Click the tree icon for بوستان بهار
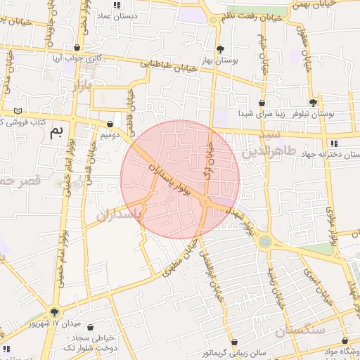(221, 49)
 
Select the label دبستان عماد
(113, 15)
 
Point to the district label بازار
(82, 86)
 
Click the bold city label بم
(57, 131)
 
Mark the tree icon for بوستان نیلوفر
(313, 103)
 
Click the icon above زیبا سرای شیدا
(262, 103)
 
